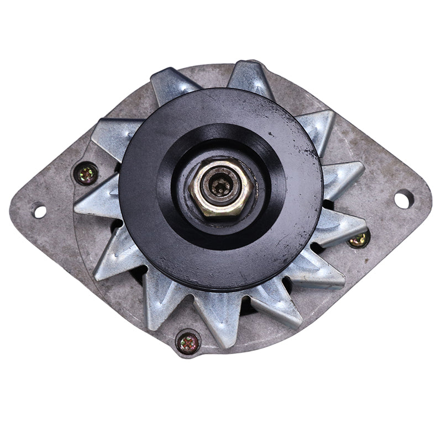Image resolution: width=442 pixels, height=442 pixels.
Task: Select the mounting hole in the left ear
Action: [x=39, y=211]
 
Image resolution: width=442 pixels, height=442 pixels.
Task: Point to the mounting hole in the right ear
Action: [x=402, y=198]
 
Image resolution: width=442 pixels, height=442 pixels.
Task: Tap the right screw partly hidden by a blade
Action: [x=359, y=239]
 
